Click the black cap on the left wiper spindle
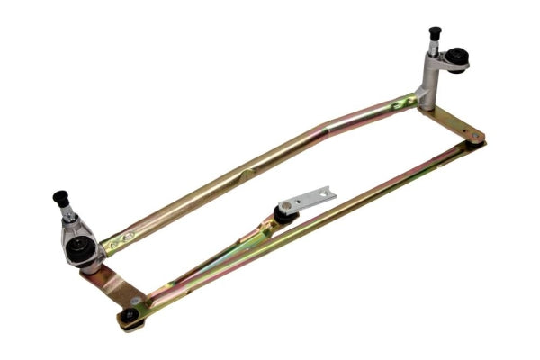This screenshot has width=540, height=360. [x=61, y=197]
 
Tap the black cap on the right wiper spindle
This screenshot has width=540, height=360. [x=436, y=33]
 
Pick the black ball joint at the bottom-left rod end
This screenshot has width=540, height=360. [x=130, y=315]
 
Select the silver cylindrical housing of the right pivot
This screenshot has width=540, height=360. [x=431, y=82]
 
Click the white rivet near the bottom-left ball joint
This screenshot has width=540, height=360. [x=136, y=301]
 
